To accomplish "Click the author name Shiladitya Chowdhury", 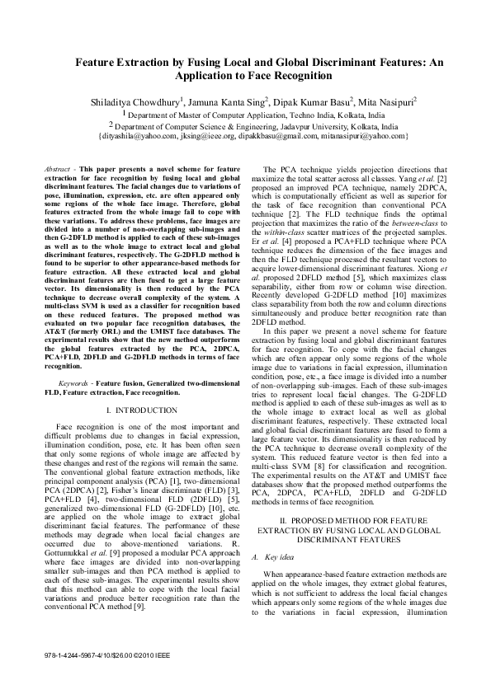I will click(135, 102).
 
